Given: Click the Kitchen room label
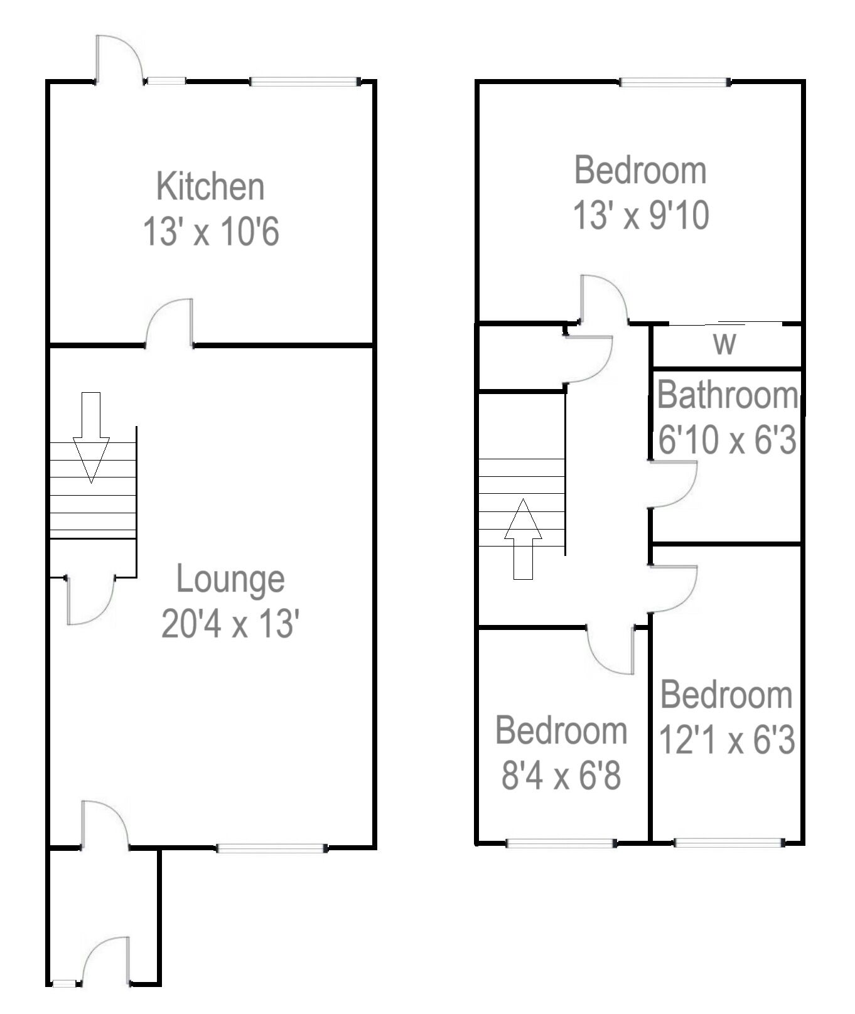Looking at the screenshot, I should click(x=210, y=186).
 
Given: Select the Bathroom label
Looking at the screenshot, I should click(x=727, y=395).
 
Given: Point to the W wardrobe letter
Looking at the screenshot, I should click(x=724, y=344).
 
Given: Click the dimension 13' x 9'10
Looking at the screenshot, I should click(x=640, y=215).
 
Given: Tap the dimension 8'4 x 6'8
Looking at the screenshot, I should click(x=561, y=776).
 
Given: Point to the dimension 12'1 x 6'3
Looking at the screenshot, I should click(x=726, y=740).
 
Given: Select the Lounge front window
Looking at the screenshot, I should click(x=272, y=848).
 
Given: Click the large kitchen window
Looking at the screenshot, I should click(x=304, y=81).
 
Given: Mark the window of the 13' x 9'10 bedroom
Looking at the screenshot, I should click(x=675, y=82).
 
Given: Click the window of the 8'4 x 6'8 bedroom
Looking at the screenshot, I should click(x=561, y=843).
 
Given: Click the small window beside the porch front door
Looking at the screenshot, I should click(x=63, y=983).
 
